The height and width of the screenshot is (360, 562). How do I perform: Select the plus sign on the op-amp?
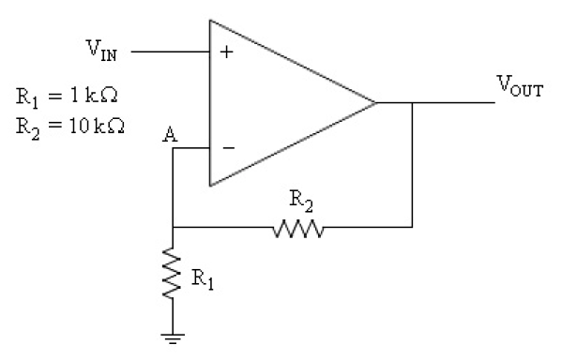click(x=225, y=52)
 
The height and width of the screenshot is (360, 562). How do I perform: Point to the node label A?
click(x=170, y=134)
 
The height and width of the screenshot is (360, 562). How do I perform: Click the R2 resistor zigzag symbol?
click(x=297, y=227)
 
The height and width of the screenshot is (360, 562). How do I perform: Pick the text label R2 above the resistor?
click(x=298, y=201)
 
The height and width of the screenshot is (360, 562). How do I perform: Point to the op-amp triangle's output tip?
click(x=374, y=101)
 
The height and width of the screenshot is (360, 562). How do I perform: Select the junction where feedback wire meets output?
click(x=412, y=101)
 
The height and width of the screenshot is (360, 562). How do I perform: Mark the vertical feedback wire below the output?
click(x=412, y=169)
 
